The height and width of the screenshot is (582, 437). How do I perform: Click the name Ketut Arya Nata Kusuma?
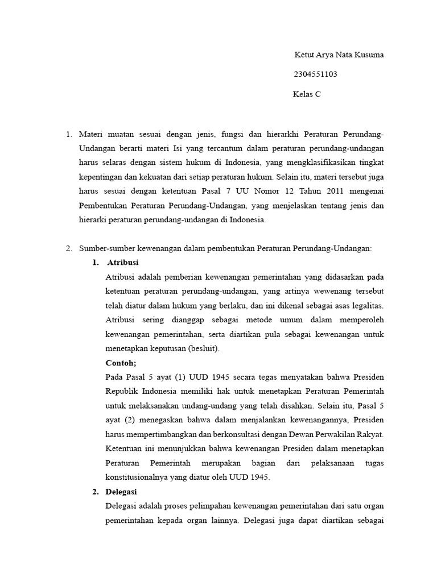click(x=339, y=55)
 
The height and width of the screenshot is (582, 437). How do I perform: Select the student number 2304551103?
click(x=319, y=74)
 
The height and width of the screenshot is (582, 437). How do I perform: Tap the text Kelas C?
click(x=307, y=94)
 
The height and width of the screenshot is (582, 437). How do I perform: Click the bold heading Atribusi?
click(x=122, y=263)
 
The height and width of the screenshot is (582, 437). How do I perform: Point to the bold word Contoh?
click(x=121, y=362)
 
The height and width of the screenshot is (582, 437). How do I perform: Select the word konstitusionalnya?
click(x=141, y=477)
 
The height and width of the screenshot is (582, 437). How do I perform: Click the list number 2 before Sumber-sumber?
click(x=68, y=248)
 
